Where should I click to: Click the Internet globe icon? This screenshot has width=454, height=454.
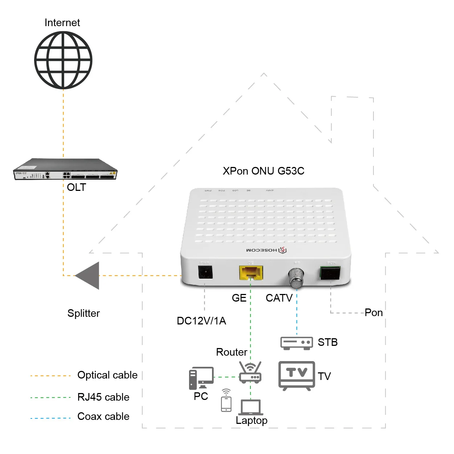point(63,60)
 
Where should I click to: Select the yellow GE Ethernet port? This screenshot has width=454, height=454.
point(251,273)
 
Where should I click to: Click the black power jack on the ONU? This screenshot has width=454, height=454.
point(205,272)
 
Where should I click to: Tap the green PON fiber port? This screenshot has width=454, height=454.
point(330,273)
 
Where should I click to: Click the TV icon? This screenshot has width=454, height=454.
point(296,375)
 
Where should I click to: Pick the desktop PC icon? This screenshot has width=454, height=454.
point(201,378)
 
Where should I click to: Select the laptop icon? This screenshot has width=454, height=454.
point(250,408)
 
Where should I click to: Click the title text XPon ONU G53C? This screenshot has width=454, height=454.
point(263,171)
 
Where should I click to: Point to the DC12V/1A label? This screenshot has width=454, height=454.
point(201,321)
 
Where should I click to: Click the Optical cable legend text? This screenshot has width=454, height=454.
point(107,375)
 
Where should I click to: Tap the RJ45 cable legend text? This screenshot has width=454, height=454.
point(103,397)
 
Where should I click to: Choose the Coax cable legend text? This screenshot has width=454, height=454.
point(103,416)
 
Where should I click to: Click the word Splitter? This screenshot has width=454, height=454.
point(83,313)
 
